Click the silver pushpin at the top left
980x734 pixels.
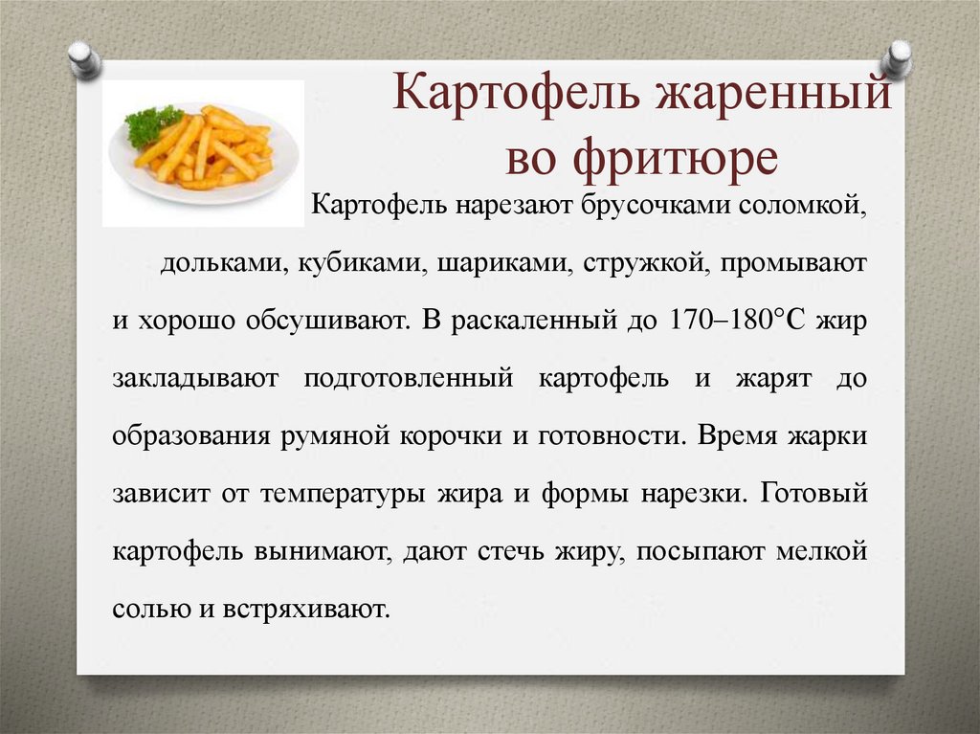point(84,58)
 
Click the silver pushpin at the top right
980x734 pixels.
point(898,58)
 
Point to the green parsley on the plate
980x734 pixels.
point(152,125)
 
